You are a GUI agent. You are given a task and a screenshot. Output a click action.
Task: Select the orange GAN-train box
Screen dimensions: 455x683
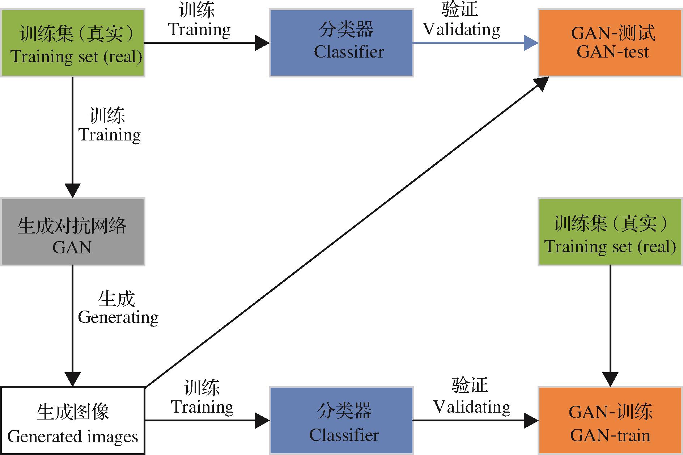(x=610, y=421)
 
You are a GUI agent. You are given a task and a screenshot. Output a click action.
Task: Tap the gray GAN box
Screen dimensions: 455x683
(x=73, y=232)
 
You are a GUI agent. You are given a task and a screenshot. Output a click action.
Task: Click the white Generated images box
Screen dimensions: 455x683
(x=73, y=421)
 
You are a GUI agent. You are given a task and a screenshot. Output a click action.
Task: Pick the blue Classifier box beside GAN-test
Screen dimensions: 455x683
(x=341, y=43)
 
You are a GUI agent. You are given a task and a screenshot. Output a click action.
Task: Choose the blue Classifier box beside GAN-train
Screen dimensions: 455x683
(x=341, y=421)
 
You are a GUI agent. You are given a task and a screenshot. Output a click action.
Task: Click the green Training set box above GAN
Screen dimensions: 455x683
(x=73, y=43)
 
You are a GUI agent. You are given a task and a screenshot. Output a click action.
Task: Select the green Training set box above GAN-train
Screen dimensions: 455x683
(x=610, y=232)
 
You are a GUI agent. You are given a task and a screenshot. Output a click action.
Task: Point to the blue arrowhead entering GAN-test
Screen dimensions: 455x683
(x=531, y=43)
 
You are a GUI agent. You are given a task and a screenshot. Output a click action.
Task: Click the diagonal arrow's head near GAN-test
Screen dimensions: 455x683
(x=542, y=84)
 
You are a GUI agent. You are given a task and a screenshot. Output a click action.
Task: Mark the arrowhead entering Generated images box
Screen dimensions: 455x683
(x=73, y=379)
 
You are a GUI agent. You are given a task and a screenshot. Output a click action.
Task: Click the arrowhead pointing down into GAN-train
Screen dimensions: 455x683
(x=610, y=379)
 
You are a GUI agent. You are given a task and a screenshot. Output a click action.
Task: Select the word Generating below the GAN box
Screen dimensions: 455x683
(x=118, y=317)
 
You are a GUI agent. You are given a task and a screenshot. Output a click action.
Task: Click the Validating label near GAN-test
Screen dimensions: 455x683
(x=462, y=30)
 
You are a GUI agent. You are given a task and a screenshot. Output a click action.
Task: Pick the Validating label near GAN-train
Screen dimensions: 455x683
(x=472, y=407)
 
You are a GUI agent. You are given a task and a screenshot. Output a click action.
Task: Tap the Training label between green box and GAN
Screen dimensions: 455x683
(x=110, y=135)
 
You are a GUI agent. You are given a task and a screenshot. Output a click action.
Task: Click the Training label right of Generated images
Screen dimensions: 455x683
(x=202, y=407)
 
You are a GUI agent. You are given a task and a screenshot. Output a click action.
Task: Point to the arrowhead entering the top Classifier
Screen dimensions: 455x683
(x=262, y=43)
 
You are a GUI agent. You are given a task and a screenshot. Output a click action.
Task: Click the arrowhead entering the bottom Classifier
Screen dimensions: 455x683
(x=262, y=421)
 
